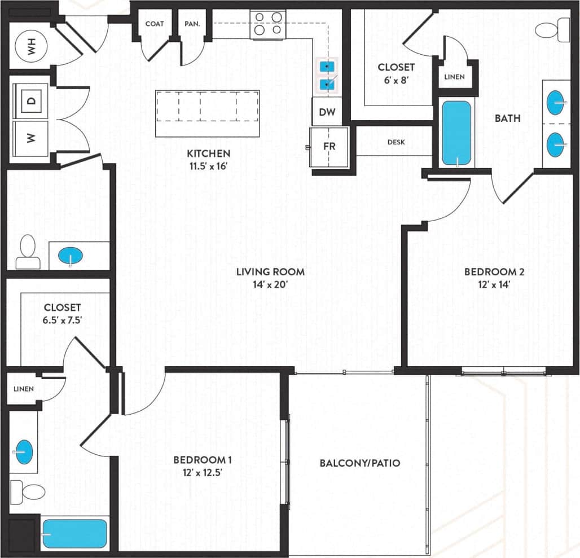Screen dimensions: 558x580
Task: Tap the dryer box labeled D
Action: coord(31,102)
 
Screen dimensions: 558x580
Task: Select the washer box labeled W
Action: coord(31,138)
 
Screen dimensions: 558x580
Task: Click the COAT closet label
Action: coord(155,24)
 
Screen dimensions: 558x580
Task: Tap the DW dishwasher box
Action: coord(327,112)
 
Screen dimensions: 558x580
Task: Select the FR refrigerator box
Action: coord(329,146)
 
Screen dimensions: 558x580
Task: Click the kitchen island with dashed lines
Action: coord(207,113)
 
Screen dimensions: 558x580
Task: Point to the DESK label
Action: coord(396,142)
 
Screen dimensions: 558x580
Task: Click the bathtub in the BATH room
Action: coord(457,133)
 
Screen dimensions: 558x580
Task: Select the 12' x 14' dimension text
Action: coord(494,284)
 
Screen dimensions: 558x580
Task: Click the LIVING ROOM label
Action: coord(270,272)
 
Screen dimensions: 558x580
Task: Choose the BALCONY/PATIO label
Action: coord(359,463)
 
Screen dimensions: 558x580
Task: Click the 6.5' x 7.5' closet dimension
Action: coord(63,320)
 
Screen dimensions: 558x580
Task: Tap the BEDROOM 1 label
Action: coord(203,459)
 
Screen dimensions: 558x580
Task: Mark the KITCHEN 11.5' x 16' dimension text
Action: coord(209,166)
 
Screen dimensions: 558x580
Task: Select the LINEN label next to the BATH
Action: coord(454,77)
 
